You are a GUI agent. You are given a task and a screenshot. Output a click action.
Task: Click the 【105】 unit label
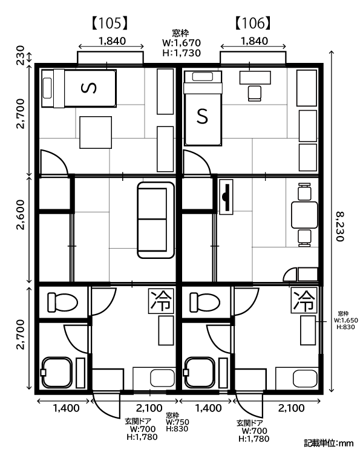pyautogui.click(x=110, y=23)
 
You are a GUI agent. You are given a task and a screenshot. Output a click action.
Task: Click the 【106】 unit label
pyautogui.click(x=253, y=23)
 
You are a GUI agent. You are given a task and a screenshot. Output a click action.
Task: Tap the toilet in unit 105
pyautogui.click(x=63, y=302)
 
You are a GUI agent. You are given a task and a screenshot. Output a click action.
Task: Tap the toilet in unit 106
pyautogui.click(x=205, y=302)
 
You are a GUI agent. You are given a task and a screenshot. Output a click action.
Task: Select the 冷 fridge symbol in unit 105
pyautogui.click(x=161, y=301)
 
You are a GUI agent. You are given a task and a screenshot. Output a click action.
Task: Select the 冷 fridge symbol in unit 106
pyautogui.click(x=304, y=301)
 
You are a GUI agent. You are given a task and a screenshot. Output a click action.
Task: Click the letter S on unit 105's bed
pyautogui.click(x=88, y=88)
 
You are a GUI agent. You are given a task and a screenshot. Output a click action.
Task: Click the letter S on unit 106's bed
pyautogui.click(x=202, y=116)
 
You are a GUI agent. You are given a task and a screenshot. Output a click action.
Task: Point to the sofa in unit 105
pyautogui.click(x=156, y=220)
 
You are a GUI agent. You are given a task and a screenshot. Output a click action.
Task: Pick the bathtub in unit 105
pyautogui.click(x=57, y=373)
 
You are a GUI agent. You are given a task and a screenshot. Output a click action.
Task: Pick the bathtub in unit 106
pyautogui.click(x=200, y=373)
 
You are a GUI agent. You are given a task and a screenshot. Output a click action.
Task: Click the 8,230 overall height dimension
pyautogui.click(x=339, y=226)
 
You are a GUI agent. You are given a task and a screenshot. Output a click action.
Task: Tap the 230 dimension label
pyautogui.click(x=20, y=55)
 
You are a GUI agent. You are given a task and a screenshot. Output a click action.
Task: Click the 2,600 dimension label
pyautogui.click(x=21, y=215)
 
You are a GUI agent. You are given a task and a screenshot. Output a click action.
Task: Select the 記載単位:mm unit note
pyautogui.click(x=329, y=443)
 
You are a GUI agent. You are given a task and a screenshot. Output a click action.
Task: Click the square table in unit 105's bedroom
pyautogui.click(x=96, y=132)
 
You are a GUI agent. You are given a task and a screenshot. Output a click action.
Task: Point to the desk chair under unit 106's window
pyautogui.click(x=254, y=93)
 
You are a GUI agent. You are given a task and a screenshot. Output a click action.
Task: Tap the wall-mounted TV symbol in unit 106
pyautogui.click(x=226, y=197)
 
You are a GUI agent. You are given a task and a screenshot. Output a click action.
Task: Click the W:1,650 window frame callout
pyautogui.click(x=346, y=320)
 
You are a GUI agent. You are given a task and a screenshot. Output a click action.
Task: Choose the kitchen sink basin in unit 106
pyautogui.click(x=306, y=378)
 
